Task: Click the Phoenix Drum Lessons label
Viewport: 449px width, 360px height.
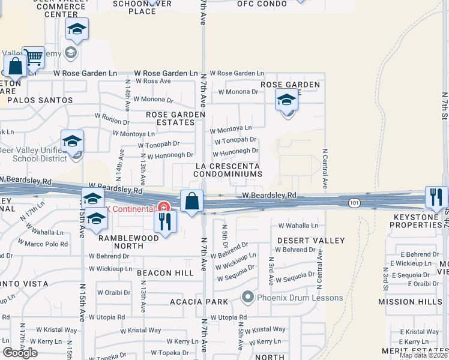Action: point(300,298)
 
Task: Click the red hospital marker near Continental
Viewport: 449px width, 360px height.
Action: point(163,207)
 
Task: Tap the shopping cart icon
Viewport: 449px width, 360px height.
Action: point(34,58)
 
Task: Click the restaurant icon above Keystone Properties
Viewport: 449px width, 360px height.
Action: point(436,197)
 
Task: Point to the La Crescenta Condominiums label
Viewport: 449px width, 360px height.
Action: point(228,170)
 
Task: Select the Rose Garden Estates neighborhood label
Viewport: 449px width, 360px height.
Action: point(172,118)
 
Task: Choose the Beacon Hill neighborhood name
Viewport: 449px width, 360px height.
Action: point(165,273)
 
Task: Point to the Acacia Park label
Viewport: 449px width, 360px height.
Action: point(199,302)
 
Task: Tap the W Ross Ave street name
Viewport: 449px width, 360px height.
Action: point(152,81)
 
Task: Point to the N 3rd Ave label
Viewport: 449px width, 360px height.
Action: point(271,272)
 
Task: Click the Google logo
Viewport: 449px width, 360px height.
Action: point(20,353)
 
